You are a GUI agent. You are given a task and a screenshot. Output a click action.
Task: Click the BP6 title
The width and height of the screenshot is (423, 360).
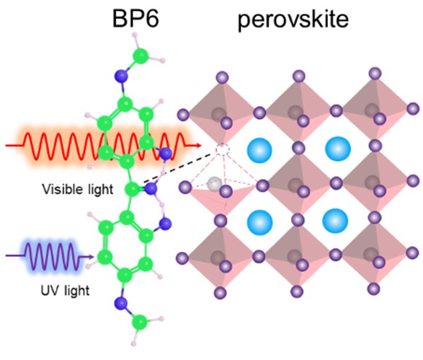(x=135, y=19)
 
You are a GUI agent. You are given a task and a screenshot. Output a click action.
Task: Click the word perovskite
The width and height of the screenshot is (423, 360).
(x=293, y=20)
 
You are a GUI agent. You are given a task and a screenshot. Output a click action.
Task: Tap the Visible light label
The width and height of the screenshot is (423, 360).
(x=78, y=189)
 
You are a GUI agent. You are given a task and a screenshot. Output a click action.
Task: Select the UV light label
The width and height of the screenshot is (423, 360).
(x=65, y=291)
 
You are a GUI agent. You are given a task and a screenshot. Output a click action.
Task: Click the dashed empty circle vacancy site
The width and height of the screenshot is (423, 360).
(x=223, y=149)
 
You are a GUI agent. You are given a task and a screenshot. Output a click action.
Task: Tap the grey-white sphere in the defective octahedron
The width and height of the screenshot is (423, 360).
(x=215, y=184)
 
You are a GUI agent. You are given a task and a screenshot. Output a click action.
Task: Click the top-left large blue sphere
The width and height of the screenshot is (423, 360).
(x=259, y=151)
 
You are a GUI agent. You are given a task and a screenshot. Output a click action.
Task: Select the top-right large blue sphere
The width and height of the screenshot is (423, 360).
(x=338, y=149)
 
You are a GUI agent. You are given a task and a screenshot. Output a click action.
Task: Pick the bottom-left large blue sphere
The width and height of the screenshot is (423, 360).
(x=259, y=222)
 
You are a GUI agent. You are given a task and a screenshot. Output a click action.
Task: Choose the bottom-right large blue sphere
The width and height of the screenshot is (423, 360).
(x=335, y=221)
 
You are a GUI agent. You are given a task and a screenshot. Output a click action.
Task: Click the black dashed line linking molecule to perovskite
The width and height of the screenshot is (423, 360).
(x=177, y=168)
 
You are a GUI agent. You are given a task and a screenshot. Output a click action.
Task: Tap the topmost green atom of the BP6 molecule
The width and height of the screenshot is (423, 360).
(x=141, y=56)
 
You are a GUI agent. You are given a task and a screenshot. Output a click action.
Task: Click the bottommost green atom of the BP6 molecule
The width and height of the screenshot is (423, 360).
(x=140, y=322)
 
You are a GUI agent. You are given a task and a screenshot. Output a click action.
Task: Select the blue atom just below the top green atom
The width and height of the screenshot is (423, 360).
(x=121, y=76)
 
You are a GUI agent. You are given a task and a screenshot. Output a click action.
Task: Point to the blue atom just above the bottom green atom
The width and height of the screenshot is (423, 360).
(x=120, y=303)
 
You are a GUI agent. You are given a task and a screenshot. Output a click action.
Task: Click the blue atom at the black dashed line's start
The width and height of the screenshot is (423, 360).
(x=151, y=188)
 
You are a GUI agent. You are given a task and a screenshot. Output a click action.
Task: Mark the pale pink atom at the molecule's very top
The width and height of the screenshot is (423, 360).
(x=135, y=35)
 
